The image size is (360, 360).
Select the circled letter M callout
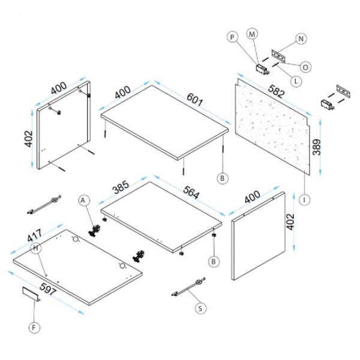pyautogui.click(x=252, y=34)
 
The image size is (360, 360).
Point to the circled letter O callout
pyautogui.click(x=305, y=67)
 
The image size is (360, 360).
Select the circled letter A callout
pyautogui.click(x=84, y=199)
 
